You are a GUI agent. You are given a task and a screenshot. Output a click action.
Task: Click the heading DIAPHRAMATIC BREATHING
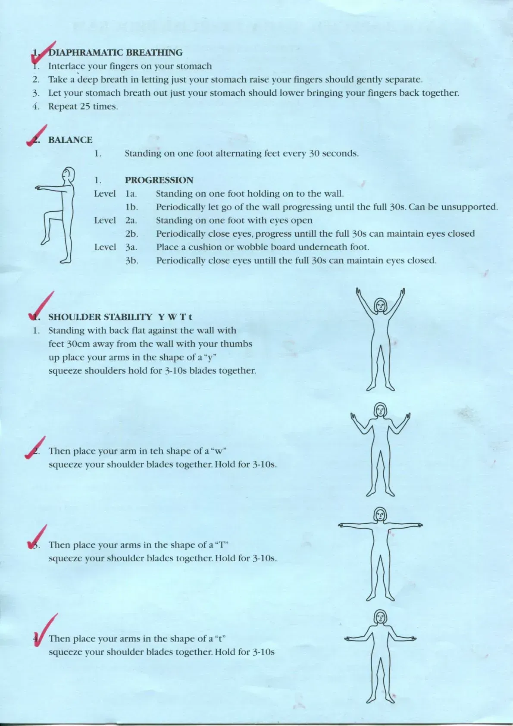pyautogui.click(x=115, y=53)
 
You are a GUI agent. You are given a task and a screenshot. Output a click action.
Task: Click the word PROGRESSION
pyautogui.click(x=159, y=180)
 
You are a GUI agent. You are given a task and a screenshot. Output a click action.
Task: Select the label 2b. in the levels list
pyautogui.click(x=131, y=234)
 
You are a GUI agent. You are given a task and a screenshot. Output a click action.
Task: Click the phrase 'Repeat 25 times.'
pyautogui.click(x=83, y=106)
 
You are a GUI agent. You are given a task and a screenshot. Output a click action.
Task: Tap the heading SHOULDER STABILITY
pyautogui.click(x=100, y=317)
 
